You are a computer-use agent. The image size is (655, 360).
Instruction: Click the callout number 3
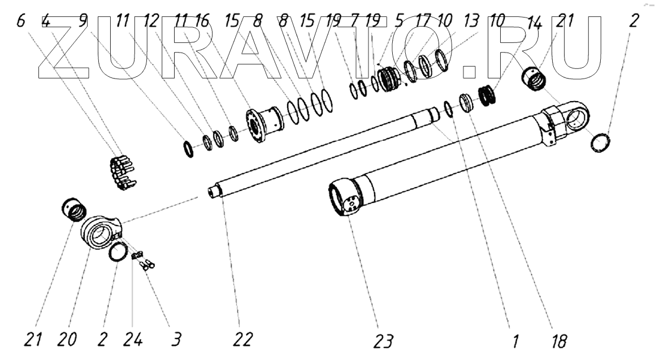coord(177,340)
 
